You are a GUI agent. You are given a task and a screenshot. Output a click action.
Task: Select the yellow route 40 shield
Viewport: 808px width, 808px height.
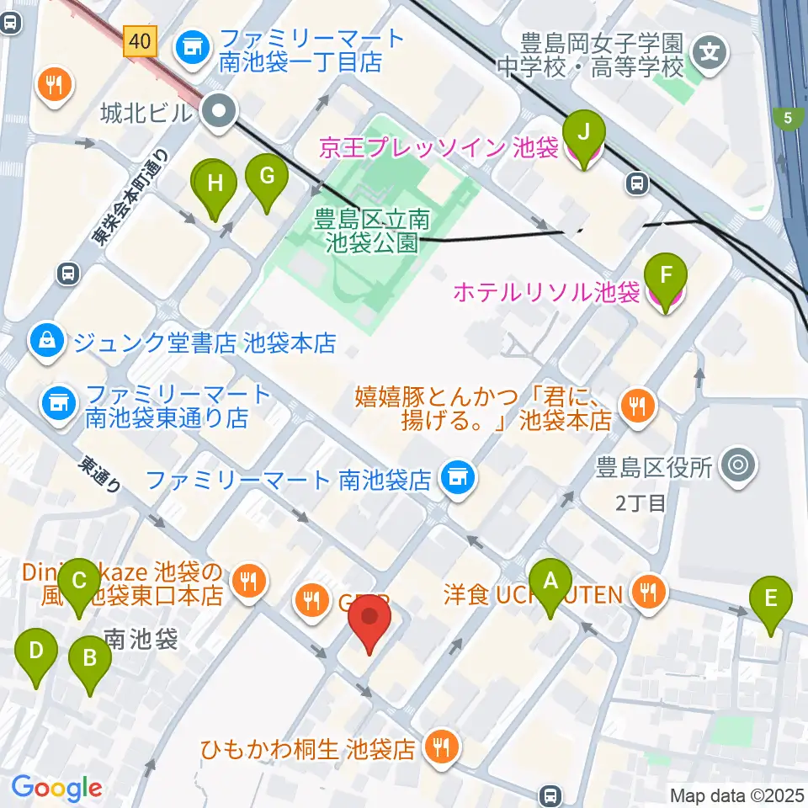tap(142, 40)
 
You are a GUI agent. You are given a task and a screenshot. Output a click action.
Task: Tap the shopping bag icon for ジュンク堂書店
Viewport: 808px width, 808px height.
tap(44, 341)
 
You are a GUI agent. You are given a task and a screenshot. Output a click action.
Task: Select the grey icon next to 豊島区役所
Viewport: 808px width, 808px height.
tap(740, 464)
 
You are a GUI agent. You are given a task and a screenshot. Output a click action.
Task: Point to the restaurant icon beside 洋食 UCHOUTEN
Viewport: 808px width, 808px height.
tap(648, 593)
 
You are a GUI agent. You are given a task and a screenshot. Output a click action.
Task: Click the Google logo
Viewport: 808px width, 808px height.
tap(57, 787)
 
